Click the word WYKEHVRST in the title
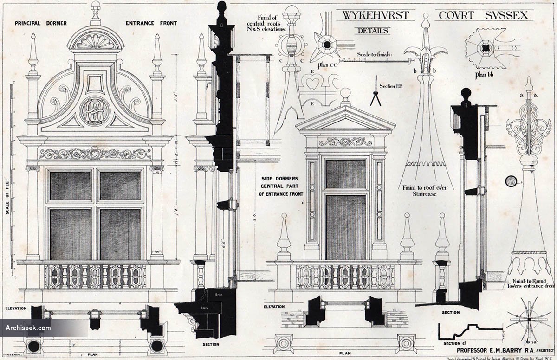376,15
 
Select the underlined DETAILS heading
372,31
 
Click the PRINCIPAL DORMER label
40,23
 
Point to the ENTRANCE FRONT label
151,23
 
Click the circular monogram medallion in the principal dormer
95,111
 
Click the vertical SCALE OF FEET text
8,199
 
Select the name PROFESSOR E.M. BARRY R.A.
492,350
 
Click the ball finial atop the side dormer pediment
345,93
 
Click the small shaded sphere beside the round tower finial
511,180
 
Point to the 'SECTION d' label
452,343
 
